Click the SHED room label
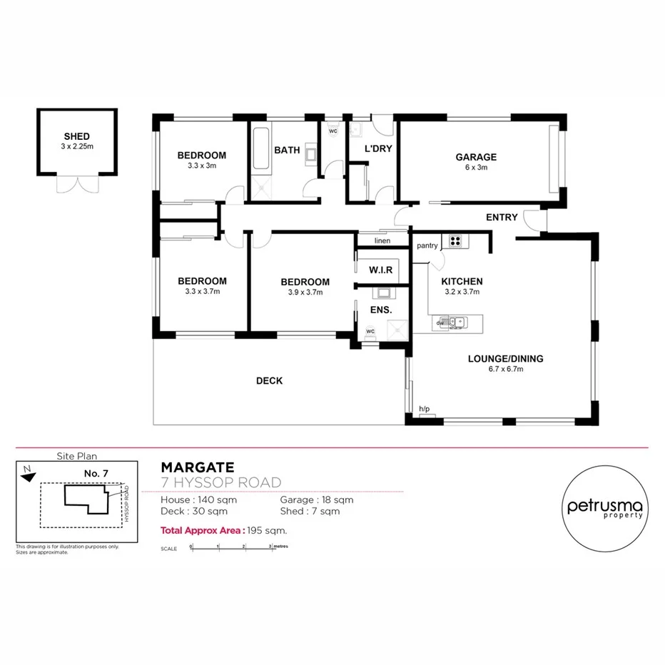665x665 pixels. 76,136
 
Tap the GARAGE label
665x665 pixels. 476,158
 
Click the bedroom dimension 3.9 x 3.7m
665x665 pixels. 305,292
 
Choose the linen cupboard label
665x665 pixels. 382,241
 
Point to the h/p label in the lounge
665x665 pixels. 425,409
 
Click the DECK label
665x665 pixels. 269,381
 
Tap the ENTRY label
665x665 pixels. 502,217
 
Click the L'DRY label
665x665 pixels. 379,149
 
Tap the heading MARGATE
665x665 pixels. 197,468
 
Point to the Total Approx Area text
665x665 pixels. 223,530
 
